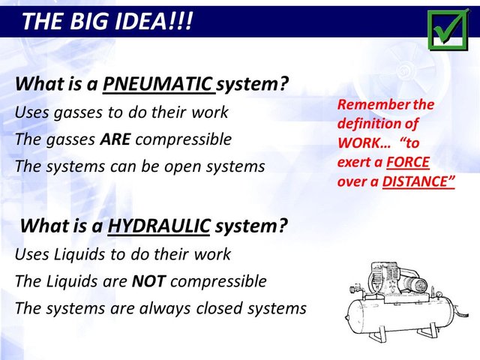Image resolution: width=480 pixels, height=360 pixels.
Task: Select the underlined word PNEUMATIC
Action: point(157,84)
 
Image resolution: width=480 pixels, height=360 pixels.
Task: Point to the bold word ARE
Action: point(115,139)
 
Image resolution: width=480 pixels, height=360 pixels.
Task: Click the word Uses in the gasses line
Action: point(32,112)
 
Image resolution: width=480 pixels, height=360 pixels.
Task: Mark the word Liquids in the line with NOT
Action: point(70,281)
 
